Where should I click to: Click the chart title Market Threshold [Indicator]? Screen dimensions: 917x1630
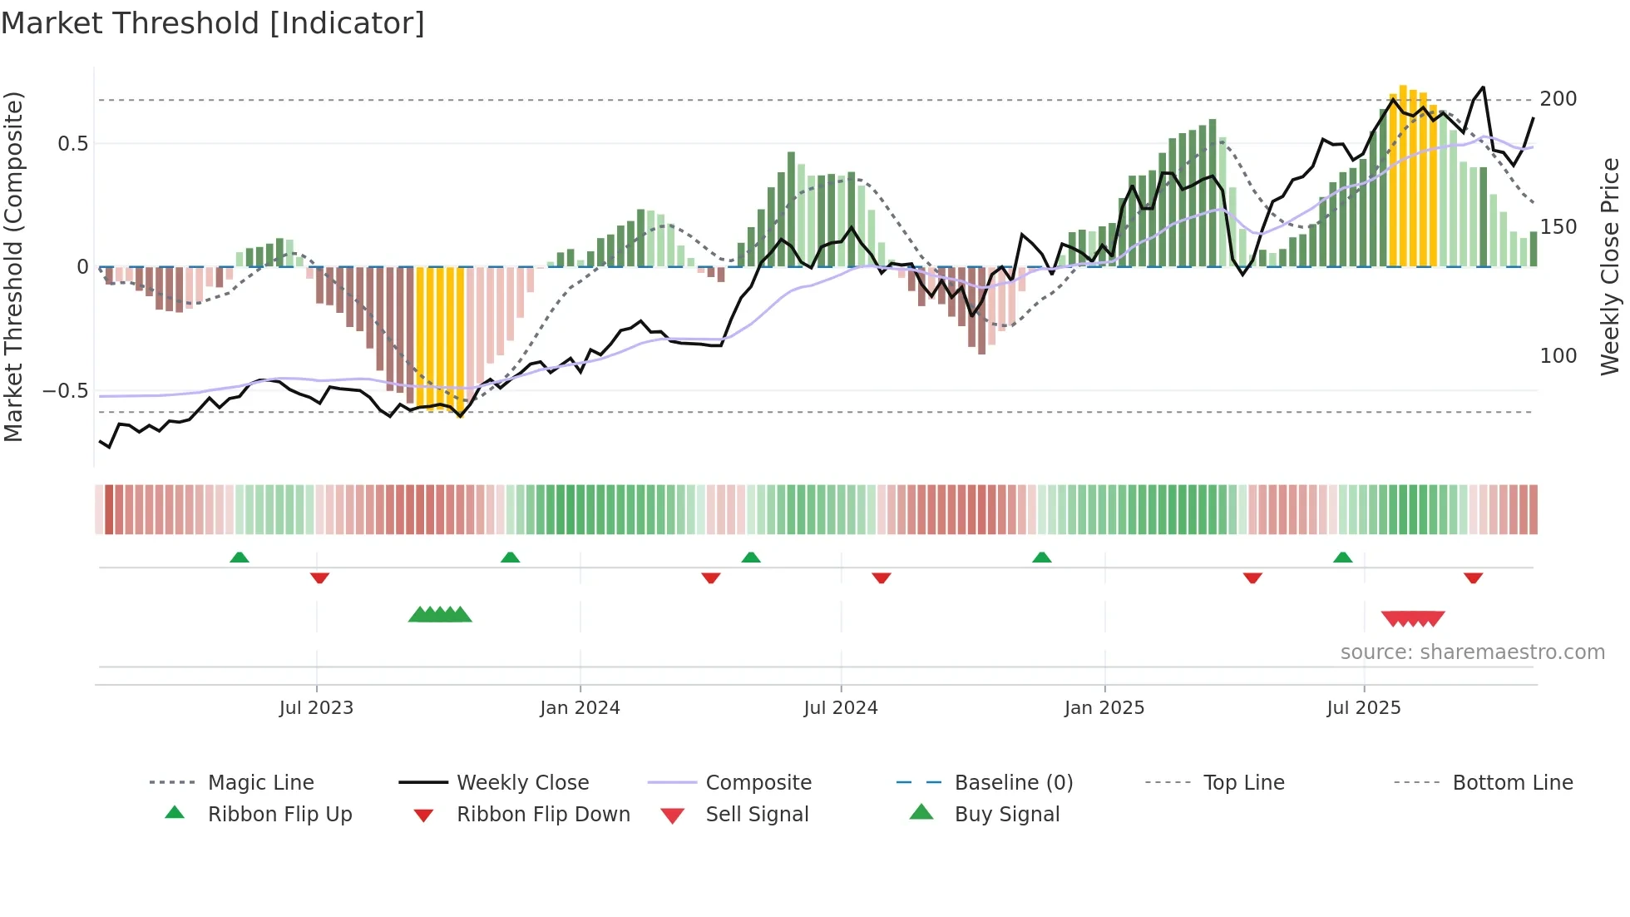[x=213, y=23]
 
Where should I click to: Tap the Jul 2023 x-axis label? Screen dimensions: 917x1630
[x=316, y=708]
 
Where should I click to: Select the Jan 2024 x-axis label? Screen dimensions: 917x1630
[x=580, y=708]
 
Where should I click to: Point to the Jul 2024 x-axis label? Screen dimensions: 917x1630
[x=840, y=708]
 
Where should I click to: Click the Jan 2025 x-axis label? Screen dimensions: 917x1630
[x=1104, y=708]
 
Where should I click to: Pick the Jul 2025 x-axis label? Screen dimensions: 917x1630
[x=1363, y=708]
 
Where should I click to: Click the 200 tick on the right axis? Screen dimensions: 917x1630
[x=1558, y=99]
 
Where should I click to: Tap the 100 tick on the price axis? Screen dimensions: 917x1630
[x=1558, y=356]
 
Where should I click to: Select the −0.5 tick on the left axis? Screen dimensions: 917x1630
[x=66, y=391]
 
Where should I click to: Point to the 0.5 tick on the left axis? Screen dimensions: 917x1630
[x=72, y=144]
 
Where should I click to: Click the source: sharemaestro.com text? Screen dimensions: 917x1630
[x=1472, y=652]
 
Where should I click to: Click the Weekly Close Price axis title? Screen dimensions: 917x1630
[x=1610, y=266]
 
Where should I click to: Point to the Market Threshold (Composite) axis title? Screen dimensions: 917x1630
[x=13, y=266]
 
